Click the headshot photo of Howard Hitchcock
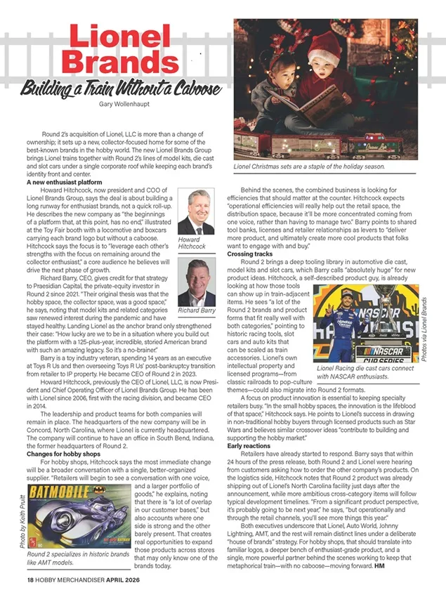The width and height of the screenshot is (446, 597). pos(196,212)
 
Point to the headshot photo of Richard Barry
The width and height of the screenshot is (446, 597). pos(196,281)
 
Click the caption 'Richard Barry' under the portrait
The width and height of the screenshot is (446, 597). pos(196,310)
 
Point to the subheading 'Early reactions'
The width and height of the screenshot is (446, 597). pos(249,446)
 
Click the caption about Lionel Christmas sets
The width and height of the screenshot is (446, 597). pos(310,166)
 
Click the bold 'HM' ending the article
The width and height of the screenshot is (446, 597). pos(380,565)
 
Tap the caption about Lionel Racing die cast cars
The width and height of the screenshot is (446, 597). pos(365,372)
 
